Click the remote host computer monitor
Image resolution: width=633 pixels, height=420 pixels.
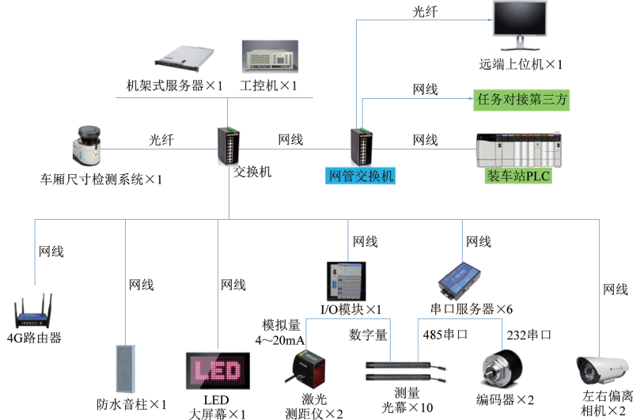tap(520, 25)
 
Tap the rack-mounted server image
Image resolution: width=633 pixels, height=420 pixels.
tap(184, 56)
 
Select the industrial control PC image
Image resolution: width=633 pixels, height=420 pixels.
tap(270, 56)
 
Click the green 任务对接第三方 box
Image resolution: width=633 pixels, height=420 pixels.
tap(521, 100)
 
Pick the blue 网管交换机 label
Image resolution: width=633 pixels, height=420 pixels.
tap(361, 176)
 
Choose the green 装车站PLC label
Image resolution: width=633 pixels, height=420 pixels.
tap(518, 176)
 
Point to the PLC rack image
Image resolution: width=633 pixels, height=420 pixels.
tap(519, 149)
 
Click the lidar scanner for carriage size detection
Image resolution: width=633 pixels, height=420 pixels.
tap(87, 146)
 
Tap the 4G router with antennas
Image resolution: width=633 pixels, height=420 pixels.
tap(33, 311)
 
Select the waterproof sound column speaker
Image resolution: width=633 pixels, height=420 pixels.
tap(126, 369)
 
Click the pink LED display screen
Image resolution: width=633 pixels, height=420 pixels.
tap(218, 371)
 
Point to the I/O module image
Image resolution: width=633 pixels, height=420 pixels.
tap(347, 282)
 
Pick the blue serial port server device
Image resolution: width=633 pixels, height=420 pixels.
tap(460, 282)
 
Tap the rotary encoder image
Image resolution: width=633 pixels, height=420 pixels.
tap(502, 369)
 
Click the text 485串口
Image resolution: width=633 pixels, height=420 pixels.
tap(445, 335)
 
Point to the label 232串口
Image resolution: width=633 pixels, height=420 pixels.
tap(529, 335)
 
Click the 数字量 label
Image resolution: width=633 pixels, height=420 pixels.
tap(368, 335)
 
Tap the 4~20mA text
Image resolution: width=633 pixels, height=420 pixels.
tap(280, 341)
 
